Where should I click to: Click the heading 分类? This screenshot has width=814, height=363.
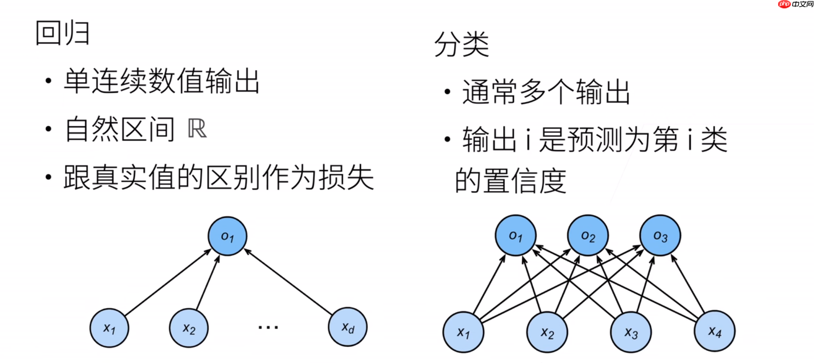click(x=462, y=45)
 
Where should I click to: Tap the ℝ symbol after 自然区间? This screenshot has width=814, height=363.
click(x=197, y=129)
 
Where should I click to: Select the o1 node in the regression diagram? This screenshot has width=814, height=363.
click(x=227, y=236)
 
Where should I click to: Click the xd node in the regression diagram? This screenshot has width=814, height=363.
click(x=348, y=327)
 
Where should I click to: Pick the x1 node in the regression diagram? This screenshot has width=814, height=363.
click(x=109, y=328)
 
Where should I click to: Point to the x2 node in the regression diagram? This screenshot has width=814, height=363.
click(x=189, y=328)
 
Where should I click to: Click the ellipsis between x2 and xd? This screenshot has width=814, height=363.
click(x=268, y=328)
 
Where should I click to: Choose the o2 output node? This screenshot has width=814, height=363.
click(x=588, y=236)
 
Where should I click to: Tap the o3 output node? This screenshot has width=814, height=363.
click(x=660, y=236)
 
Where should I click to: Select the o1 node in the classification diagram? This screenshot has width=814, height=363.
click(x=516, y=236)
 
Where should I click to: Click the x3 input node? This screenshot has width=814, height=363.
click(x=631, y=332)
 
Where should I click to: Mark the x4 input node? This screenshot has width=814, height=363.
click(x=715, y=331)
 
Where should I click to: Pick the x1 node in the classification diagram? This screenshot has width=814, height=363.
click(x=463, y=332)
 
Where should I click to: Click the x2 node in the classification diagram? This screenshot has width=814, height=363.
click(x=547, y=332)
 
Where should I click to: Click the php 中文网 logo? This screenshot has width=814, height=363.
click(x=795, y=4)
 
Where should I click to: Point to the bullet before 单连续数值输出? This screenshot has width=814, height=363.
click(x=49, y=81)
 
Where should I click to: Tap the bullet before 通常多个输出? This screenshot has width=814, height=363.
click(x=447, y=92)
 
